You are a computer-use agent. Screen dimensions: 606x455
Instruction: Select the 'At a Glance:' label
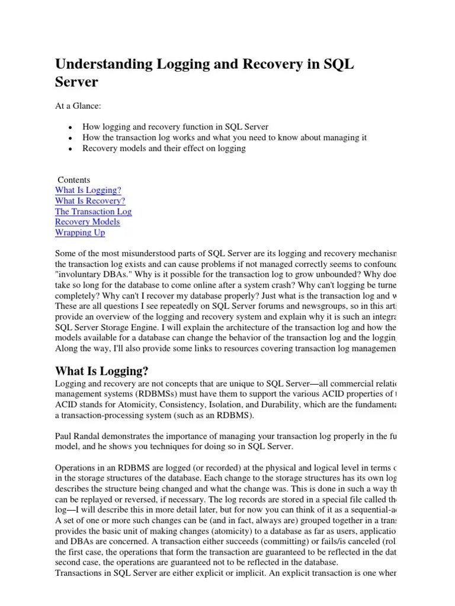click(x=78, y=105)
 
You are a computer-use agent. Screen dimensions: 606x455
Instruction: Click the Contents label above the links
click(x=74, y=179)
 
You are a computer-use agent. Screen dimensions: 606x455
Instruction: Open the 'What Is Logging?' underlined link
click(x=88, y=190)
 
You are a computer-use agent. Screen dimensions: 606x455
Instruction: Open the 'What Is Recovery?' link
click(x=90, y=201)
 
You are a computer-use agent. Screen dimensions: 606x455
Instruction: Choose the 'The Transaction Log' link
click(x=94, y=211)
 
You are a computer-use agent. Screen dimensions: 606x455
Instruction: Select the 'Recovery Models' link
click(x=87, y=222)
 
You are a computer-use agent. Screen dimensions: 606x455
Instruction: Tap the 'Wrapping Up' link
click(x=80, y=233)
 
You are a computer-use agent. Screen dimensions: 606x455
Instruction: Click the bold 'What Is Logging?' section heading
click(x=101, y=371)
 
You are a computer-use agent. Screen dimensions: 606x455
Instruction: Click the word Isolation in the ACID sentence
click(x=226, y=404)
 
